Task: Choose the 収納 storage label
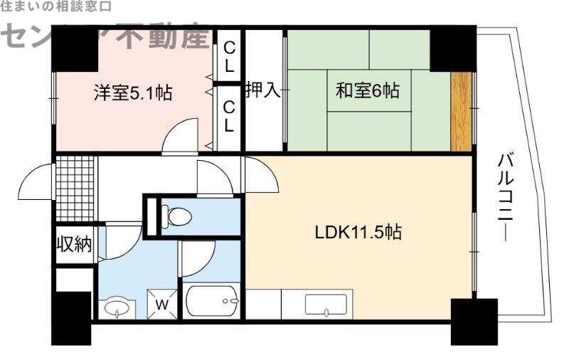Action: [x=74, y=244]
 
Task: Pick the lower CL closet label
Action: [x=229, y=116]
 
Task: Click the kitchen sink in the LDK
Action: [x=326, y=304]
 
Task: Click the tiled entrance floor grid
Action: [x=75, y=188]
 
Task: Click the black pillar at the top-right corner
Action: [x=452, y=46]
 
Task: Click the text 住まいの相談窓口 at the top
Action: [x=55, y=7]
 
